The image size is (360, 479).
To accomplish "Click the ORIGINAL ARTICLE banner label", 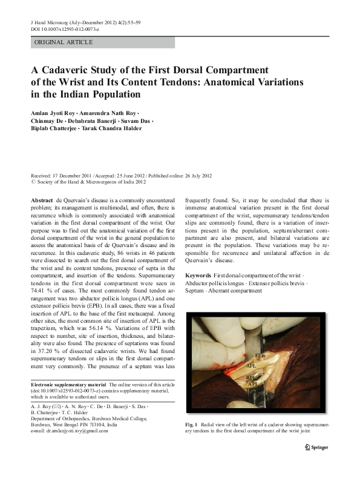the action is pos(64,42).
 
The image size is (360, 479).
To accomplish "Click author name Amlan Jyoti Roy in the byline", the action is pos(54,113).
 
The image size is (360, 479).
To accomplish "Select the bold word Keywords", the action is pos(199,276).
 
